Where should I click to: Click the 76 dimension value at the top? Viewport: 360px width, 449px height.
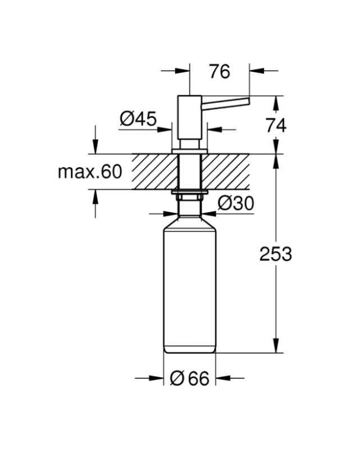[x=220, y=72]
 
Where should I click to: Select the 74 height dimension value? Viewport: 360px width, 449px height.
[x=276, y=125]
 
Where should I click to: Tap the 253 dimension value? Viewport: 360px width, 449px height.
[x=276, y=254]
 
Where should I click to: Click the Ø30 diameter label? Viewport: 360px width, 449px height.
[x=236, y=203]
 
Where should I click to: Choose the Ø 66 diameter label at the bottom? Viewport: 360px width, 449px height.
[x=189, y=378]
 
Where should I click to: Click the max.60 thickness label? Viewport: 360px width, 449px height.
[x=90, y=172]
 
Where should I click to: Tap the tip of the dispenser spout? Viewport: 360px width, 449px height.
[x=248, y=102]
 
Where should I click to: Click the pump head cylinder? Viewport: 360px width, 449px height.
[x=190, y=117]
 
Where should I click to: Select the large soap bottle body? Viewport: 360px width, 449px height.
[x=190, y=286]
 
